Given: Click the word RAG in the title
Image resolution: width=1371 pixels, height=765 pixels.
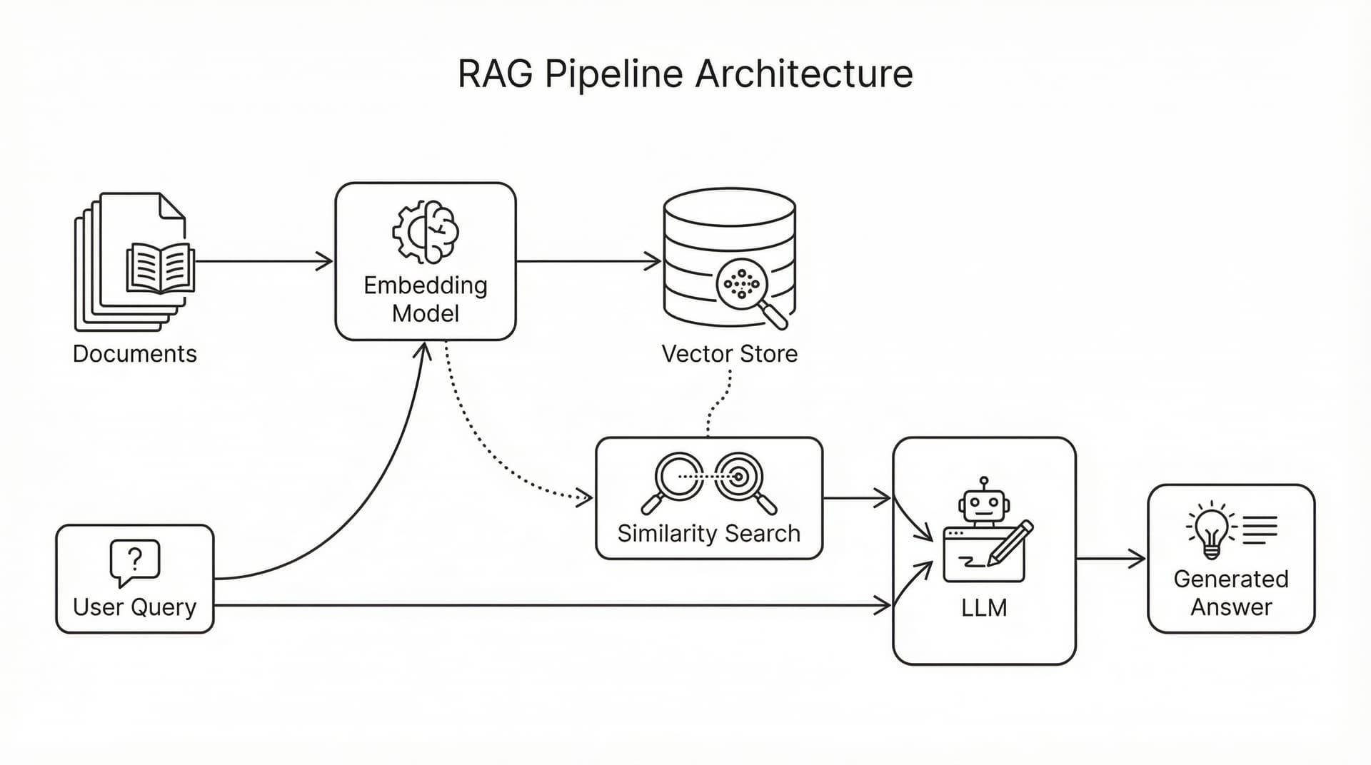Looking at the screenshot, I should coord(494,74).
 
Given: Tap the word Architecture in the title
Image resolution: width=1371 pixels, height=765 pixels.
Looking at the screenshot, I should coord(804,74).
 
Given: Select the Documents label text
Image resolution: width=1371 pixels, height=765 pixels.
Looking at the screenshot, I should coord(134,354).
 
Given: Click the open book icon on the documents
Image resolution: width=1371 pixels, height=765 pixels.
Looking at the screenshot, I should coord(160,268).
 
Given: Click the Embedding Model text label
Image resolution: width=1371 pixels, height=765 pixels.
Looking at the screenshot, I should coord(426,299).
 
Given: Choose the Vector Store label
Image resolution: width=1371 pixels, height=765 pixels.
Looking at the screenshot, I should coord(729,354).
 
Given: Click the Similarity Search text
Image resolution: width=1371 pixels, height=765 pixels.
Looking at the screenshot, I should coord(708,534).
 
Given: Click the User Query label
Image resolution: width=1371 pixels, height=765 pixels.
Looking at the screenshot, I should coord(134,607).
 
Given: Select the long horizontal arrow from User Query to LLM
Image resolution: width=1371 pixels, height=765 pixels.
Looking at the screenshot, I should coord(550,606).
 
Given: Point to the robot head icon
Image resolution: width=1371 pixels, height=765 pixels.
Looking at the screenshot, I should coord(984,504).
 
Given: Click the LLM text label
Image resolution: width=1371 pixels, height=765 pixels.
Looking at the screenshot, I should coord(984,608).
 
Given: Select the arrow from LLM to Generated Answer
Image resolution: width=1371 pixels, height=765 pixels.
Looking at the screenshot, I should coord(1110,559).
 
